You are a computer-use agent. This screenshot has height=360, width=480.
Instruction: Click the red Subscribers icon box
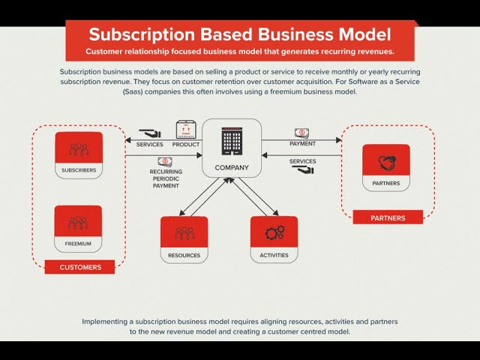tap(79, 148)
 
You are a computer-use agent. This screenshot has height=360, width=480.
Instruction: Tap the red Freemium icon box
tap(79, 223)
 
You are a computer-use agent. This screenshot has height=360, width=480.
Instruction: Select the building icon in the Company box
tap(231, 141)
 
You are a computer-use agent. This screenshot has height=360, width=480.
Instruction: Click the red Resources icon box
tap(184, 232)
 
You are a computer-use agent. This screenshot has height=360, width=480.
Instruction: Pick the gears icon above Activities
tap(274, 232)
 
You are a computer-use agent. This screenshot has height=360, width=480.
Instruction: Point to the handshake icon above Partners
tap(385, 162)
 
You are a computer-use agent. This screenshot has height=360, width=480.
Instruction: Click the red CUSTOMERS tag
tap(80, 266)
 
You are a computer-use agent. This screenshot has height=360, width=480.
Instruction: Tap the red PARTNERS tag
tap(388, 217)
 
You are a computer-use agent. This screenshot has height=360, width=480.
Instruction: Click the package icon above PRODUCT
tap(185, 129)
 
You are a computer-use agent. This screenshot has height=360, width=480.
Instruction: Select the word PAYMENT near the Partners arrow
tap(302, 143)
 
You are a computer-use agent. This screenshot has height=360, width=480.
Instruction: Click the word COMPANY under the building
tap(232, 168)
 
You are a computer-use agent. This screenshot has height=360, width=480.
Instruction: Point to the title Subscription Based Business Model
tap(239, 34)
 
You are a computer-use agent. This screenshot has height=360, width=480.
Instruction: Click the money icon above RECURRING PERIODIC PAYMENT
tap(165, 161)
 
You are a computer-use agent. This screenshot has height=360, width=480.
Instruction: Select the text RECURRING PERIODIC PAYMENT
tap(166, 178)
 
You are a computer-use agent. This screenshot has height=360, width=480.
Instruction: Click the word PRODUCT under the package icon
tap(186, 144)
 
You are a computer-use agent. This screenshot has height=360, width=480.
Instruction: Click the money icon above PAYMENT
tap(301, 133)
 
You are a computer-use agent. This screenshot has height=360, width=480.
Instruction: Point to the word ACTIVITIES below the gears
tap(274, 256)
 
